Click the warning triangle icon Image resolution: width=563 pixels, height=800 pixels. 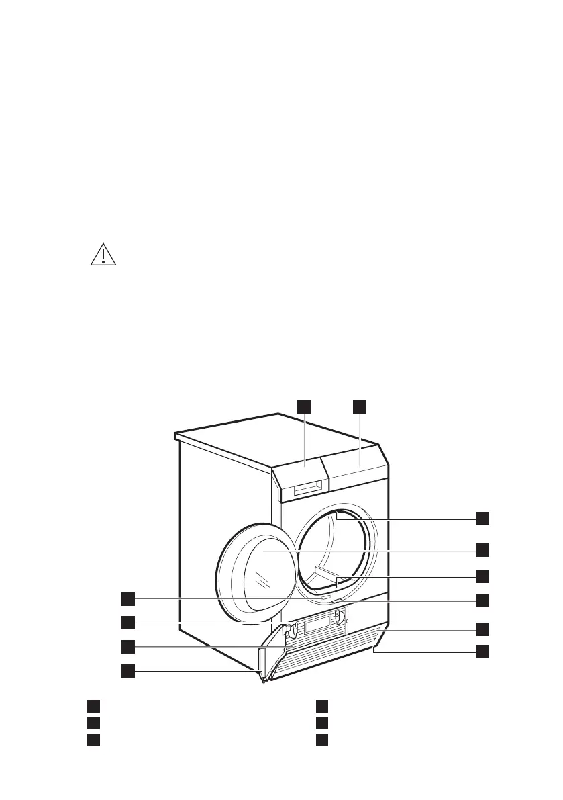(103, 255)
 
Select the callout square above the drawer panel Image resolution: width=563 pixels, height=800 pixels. (305, 406)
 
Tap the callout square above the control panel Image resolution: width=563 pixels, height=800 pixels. (360, 406)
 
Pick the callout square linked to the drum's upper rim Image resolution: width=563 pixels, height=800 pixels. (482, 518)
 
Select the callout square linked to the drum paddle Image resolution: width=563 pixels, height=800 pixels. (482, 576)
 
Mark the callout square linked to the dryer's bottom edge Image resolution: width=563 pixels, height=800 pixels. (482, 651)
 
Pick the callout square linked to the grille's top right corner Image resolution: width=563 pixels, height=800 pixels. (482, 629)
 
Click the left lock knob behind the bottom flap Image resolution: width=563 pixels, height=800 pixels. (289, 629)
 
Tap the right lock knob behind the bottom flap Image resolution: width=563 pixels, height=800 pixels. (340, 615)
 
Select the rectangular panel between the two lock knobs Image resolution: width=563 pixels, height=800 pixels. (315, 625)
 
